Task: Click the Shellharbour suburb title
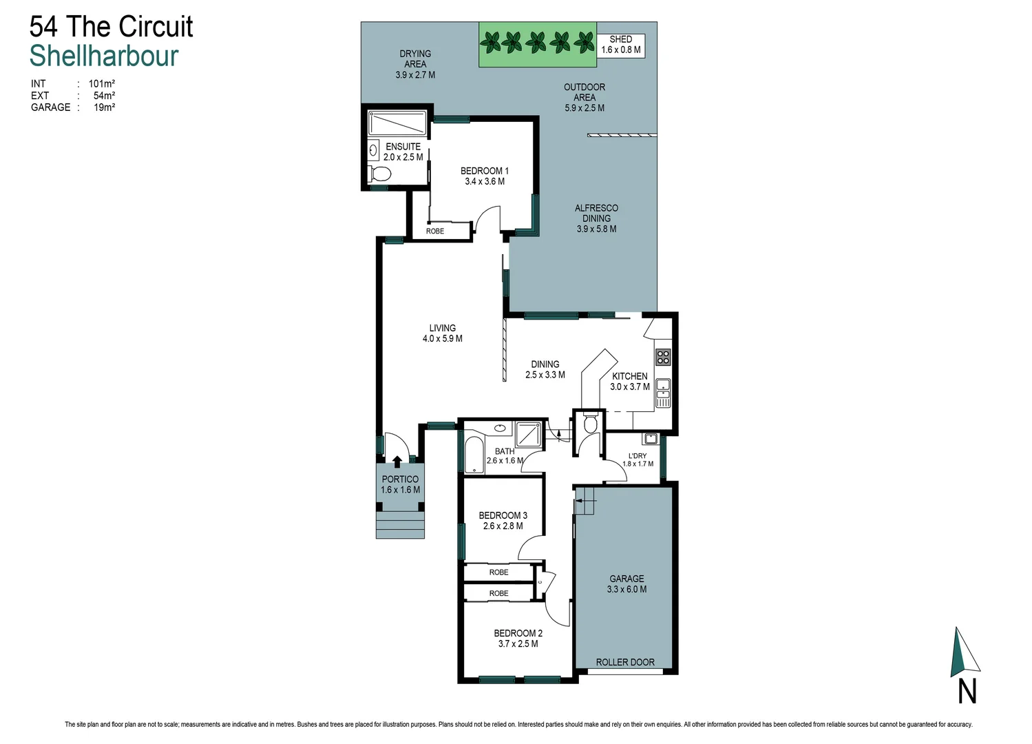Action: (x=104, y=56)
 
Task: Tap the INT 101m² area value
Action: (x=101, y=84)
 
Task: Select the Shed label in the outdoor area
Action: (x=620, y=45)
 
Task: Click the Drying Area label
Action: (x=415, y=63)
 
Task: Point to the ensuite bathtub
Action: (x=397, y=123)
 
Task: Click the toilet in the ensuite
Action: (x=379, y=173)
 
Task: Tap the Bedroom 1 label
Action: (x=485, y=176)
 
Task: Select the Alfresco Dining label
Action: (x=596, y=218)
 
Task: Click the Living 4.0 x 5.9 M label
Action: (x=442, y=333)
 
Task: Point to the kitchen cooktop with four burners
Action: (x=662, y=357)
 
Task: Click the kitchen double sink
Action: (x=662, y=391)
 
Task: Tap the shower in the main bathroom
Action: (x=529, y=435)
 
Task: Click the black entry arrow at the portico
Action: (x=397, y=462)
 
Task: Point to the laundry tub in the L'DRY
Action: (x=650, y=438)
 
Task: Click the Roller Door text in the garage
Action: (x=625, y=662)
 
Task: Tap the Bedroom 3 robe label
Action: (x=498, y=572)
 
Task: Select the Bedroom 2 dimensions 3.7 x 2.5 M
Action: (x=518, y=644)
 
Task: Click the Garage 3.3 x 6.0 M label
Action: (x=626, y=584)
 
